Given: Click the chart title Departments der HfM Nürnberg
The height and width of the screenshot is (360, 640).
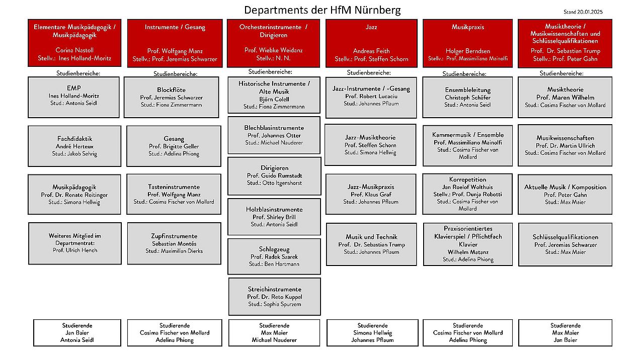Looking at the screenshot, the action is tap(323, 10).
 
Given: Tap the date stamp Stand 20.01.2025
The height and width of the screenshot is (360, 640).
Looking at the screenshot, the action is tap(583, 12).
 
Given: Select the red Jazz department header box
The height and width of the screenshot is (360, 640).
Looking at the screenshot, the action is tap(371, 43).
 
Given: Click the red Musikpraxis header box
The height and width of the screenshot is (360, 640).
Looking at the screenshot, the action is tap(468, 43).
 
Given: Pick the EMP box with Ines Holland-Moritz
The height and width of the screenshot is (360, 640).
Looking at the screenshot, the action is tap(74, 98).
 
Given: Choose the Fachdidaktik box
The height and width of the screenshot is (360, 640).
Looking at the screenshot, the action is tap(74, 146).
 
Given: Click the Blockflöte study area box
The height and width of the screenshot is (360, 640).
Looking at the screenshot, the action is tap(172, 98).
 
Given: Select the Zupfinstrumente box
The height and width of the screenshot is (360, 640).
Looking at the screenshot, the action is tap(174, 243).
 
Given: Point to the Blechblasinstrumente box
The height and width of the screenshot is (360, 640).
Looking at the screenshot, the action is tap(274, 135).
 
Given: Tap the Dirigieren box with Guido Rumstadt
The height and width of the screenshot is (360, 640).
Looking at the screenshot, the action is tap(274, 176).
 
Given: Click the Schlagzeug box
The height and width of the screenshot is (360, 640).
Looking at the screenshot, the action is tap(274, 256).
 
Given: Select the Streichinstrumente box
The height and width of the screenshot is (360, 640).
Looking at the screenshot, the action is tap(275, 297).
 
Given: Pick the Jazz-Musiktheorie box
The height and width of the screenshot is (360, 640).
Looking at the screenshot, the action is tap(370, 145).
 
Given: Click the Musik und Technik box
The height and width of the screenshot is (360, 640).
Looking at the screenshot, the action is tap(371, 244).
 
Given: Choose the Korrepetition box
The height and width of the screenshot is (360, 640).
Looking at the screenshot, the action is tap(467, 194).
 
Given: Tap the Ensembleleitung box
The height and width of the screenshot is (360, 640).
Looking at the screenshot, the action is tap(467, 98).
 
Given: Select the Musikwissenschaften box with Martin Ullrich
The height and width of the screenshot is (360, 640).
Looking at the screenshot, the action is tap(565, 145).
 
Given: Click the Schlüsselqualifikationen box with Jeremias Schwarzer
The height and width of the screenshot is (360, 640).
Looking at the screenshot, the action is tap(566, 245).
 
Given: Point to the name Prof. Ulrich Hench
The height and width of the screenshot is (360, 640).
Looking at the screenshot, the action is tap(75, 250).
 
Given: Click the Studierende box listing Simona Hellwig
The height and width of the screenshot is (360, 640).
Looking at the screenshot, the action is tap(372, 333).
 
